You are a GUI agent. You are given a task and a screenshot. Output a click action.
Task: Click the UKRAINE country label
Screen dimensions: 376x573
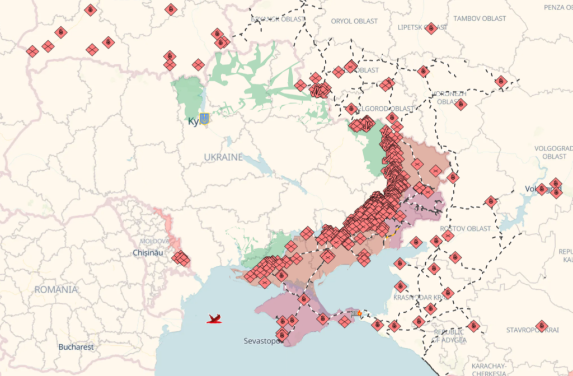(223, 157)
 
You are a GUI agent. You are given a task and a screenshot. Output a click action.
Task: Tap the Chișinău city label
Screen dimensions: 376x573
(148, 253)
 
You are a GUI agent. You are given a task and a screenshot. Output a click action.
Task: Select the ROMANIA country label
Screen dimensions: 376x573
(56, 289)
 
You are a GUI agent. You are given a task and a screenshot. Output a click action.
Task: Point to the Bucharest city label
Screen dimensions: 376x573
(76, 347)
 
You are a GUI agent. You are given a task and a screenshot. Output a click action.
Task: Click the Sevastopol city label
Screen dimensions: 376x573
(262, 341)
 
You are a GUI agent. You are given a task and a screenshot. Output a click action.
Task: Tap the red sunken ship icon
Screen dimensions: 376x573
(214, 319)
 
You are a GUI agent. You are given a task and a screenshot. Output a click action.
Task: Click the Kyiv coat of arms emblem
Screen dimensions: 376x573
(204, 119)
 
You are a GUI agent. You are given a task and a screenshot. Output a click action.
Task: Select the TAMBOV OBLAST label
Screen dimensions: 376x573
(480, 18)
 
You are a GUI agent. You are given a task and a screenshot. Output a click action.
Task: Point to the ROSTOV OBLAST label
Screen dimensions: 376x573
(465, 228)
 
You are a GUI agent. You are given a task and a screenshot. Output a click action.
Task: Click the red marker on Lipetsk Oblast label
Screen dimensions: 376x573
(431, 28)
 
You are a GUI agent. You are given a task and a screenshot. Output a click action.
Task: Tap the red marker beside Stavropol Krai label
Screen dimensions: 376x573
(541, 326)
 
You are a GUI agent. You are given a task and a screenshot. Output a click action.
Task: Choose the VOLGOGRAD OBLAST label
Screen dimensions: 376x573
(554, 152)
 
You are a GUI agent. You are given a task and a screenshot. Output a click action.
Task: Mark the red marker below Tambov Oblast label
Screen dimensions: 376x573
(501, 82)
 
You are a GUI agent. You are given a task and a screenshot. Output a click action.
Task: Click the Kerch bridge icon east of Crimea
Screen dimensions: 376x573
(356, 312)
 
